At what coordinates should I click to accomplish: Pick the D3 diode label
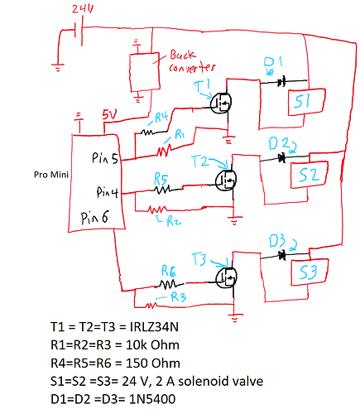point(278,241)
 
